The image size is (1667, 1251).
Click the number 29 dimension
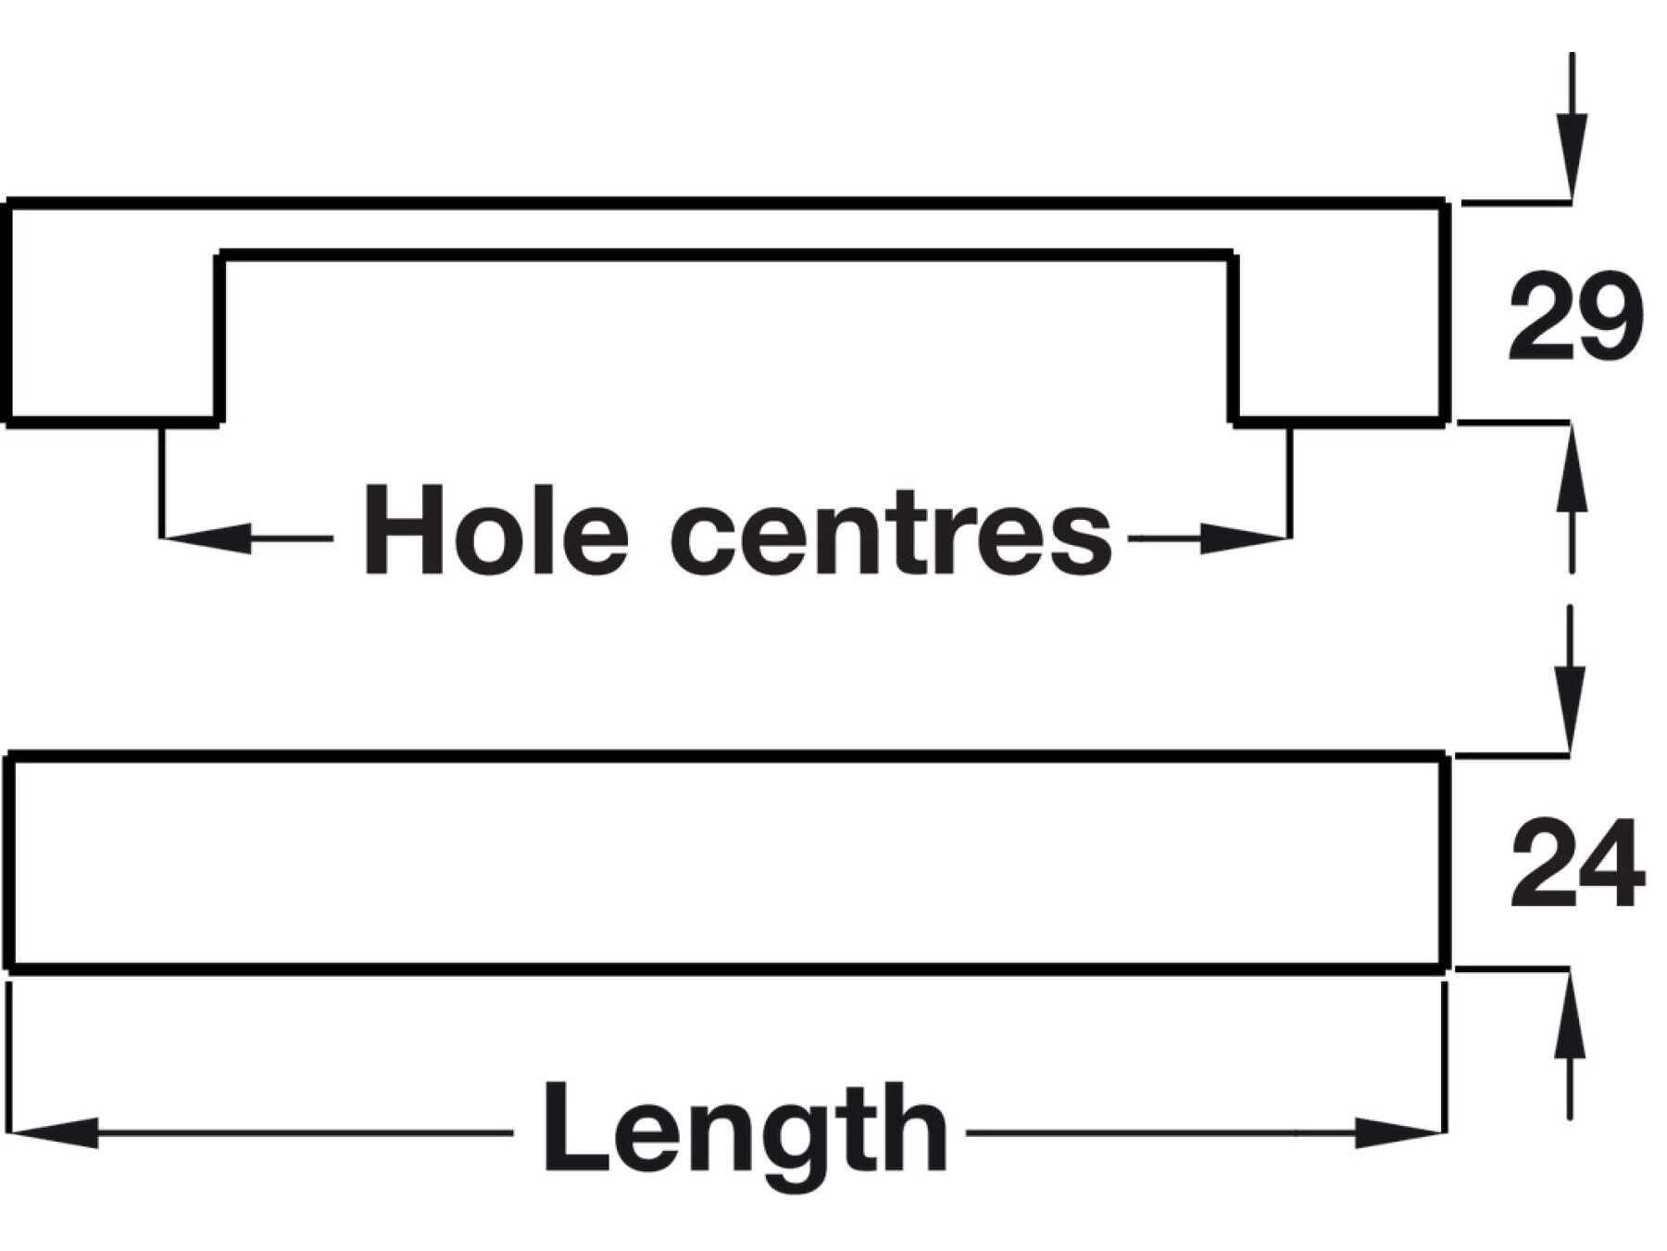1575,316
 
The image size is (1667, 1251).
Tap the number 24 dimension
1577,863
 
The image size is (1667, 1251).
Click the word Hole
496,531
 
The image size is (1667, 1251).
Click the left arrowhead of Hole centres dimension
206,538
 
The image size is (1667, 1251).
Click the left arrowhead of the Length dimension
53,1132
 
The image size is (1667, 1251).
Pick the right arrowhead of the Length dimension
1399,1132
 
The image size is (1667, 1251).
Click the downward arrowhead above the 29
1571,156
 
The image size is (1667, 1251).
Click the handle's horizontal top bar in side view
727,228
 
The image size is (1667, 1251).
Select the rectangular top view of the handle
727,863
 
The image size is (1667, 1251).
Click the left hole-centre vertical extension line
162,482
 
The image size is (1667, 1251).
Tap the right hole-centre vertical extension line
1290,482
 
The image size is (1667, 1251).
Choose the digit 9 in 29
1610,316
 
